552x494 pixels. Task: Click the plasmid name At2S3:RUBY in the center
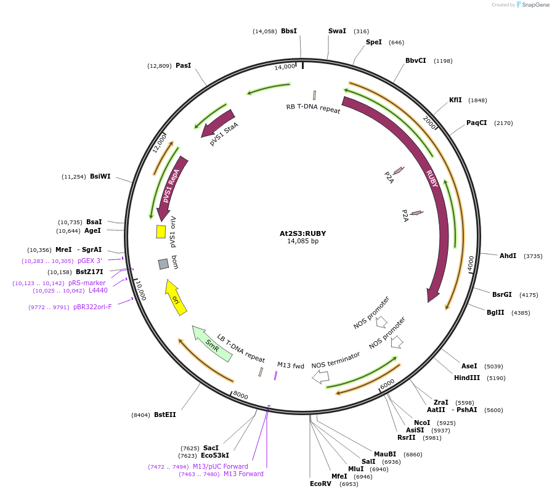tap(302, 233)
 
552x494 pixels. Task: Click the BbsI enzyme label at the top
tap(288, 31)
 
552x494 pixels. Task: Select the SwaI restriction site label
tap(337, 31)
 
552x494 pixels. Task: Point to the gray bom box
tap(163, 264)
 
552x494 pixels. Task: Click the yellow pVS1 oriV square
tap(161, 232)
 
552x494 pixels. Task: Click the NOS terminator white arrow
tap(320, 377)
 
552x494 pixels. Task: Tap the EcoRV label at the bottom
tap(320, 484)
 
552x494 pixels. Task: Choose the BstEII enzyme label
tap(164, 415)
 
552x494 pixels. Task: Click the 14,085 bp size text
tap(302, 241)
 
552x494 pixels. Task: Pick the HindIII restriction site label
tap(466, 378)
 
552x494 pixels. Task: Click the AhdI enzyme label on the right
tap(508, 256)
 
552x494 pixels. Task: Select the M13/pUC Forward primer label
tap(220, 466)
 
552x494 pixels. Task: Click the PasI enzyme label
tap(183, 65)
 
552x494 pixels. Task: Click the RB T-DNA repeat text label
tap(313, 108)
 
